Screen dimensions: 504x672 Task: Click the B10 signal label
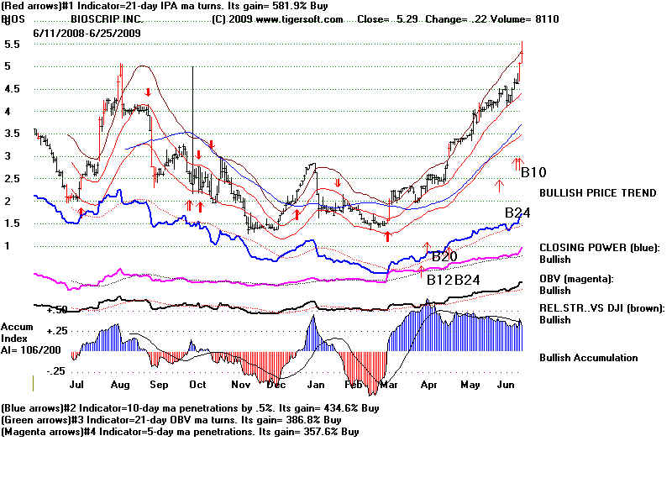[x=533, y=173]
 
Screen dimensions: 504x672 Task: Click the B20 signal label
[x=444, y=256]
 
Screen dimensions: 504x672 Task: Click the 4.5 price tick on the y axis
[x=13, y=88]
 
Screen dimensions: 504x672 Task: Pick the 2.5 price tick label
[x=13, y=178]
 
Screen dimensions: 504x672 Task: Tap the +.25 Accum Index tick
[x=56, y=330]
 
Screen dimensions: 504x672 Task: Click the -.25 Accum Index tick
[x=56, y=371]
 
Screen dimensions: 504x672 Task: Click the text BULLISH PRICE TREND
[x=597, y=193]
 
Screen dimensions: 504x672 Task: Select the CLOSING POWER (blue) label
[x=600, y=247]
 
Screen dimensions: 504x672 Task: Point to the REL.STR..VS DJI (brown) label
[x=601, y=308]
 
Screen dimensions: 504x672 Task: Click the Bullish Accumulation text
[x=588, y=358]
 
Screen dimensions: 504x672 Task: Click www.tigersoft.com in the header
[x=307, y=19]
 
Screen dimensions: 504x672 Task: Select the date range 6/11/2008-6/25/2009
[x=87, y=33]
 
